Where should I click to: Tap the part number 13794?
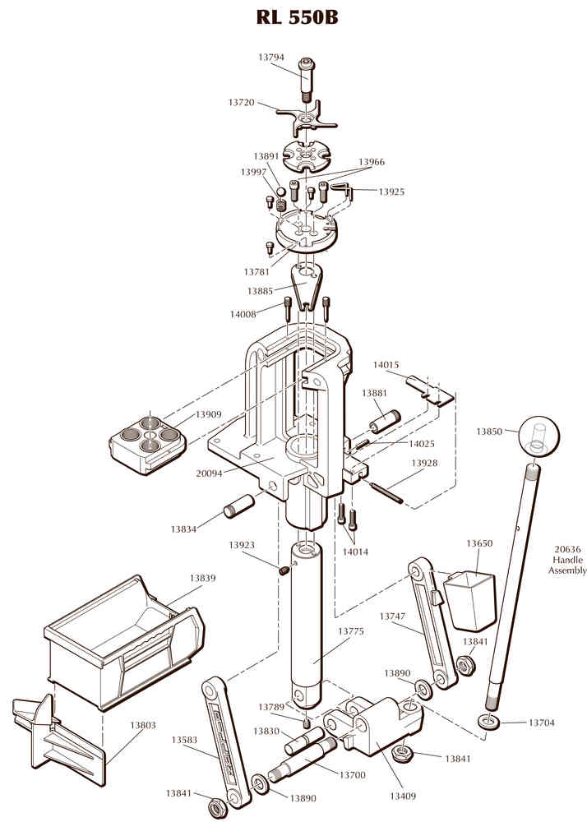[x=271, y=58]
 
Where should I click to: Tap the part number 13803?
[x=143, y=726]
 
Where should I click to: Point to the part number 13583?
[x=185, y=740]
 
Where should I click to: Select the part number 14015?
[x=386, y=364]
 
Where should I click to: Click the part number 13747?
[x=393, y=616]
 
